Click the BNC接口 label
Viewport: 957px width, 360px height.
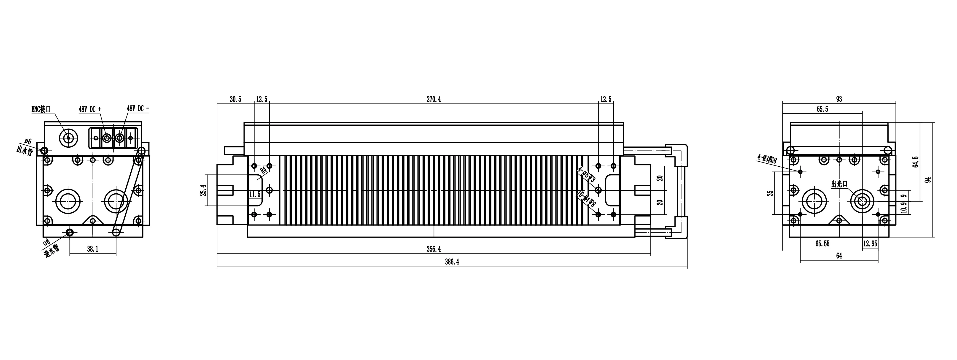(x=41, y=109)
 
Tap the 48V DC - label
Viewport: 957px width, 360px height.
(x=138, y=108)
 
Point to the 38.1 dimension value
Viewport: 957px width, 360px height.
(x=92, y=249)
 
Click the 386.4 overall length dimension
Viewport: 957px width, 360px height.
(x=452, y=262)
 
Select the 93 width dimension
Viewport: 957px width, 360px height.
(x=839, y=99)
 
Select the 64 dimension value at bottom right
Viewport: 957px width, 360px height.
(x=839, y=256)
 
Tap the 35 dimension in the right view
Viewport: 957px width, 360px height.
(x=771, y=193)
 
